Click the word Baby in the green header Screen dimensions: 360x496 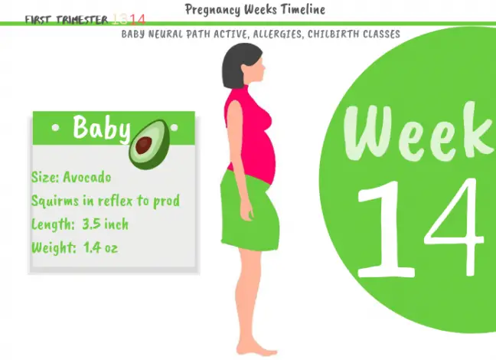coord(101,128)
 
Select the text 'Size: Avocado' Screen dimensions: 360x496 coord(71,178)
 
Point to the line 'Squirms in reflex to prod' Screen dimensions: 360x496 coord(106,201)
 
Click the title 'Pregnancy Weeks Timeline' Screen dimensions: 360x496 coord(255,10)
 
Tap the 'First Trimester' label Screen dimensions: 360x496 coord(66,20)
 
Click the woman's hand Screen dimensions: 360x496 coord(246,212)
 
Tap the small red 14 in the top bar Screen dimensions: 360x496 coord(137,19)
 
